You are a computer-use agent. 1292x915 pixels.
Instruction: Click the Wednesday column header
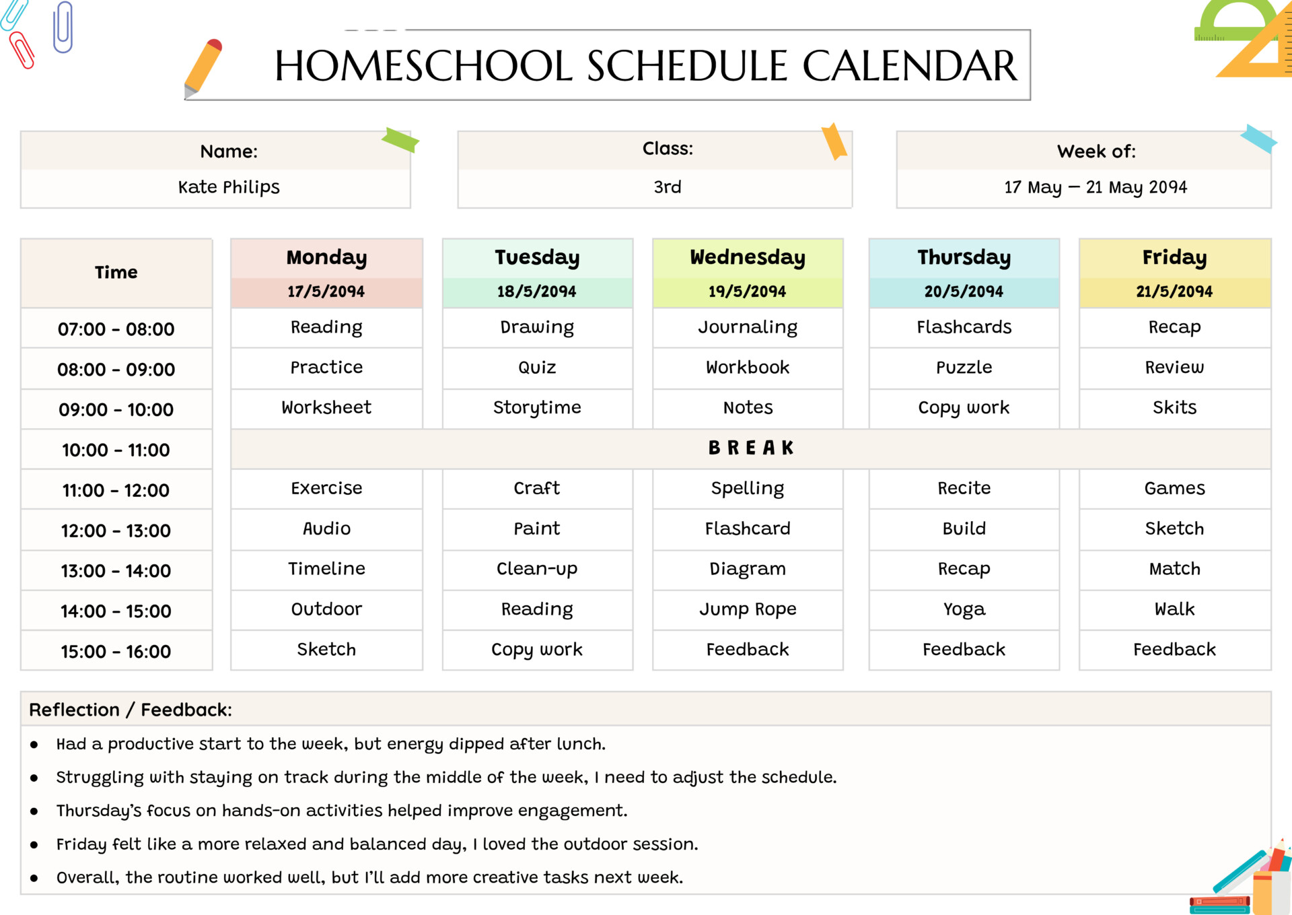747,257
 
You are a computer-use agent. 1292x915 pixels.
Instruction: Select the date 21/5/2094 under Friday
1174,292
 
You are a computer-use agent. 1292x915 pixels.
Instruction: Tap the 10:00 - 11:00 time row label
116,450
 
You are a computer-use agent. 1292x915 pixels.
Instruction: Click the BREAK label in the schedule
751,448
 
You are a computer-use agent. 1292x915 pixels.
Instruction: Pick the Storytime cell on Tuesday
537,407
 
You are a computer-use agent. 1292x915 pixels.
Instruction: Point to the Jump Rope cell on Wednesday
747,609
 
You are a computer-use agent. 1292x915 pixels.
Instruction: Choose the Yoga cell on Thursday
964,609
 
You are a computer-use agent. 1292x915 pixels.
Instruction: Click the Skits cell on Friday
1174,407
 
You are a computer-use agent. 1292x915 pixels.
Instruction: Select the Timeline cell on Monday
326,569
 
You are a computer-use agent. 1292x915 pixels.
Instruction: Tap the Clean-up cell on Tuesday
537,569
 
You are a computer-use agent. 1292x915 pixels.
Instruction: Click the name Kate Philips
229,187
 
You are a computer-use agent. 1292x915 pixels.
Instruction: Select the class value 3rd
668,187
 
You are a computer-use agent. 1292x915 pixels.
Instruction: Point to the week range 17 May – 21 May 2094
1096,187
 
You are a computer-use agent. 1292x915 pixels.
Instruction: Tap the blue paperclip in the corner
63,27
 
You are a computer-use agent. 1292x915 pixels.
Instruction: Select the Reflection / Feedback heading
131,710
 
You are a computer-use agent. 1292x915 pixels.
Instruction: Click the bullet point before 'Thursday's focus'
34,811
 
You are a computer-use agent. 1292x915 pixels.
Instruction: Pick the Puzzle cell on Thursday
964,368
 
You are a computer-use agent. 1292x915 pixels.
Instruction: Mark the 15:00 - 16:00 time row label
116,652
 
